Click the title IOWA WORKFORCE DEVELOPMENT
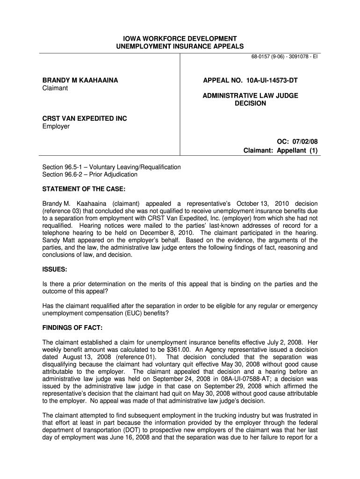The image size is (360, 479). [x=180, y=38]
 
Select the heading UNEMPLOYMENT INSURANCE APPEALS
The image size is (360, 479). [x=180, y=46]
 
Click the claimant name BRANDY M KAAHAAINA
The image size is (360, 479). [x=80, y=80]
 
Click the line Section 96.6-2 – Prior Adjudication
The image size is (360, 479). [x=90, y=174]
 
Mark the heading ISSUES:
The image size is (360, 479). [x=55, y=270]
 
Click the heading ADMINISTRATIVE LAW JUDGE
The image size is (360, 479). [x=250, y=95]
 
